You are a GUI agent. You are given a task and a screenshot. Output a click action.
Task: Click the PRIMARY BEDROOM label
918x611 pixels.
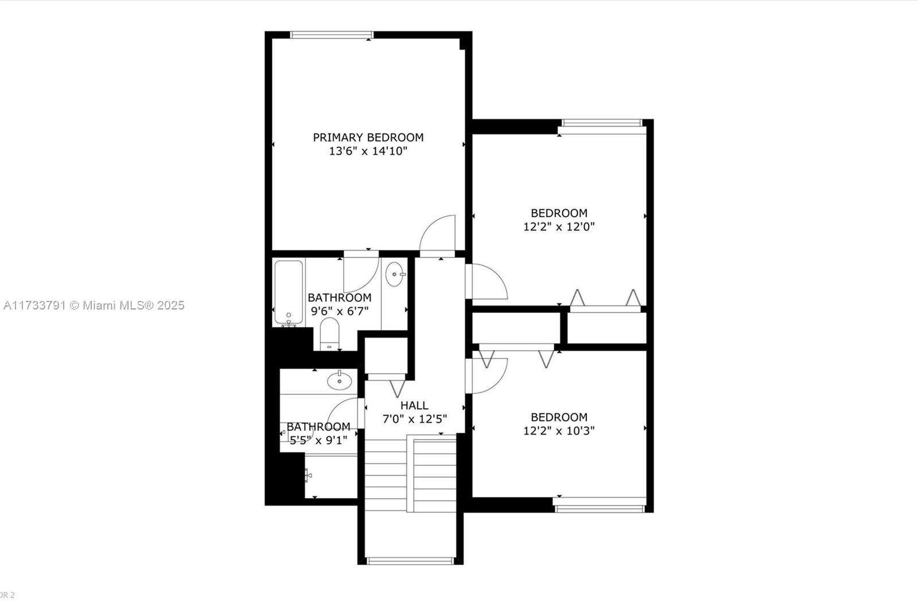tap(368, 138)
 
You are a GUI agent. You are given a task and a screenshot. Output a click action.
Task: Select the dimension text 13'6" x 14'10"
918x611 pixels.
tap(368, 151)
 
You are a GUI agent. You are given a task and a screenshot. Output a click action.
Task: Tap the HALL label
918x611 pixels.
tap(414, 405)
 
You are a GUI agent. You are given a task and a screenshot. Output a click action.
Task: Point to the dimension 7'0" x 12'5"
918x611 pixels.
tap(414, 420)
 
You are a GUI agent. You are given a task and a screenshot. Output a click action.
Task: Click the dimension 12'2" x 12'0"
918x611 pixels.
tap(559, 227)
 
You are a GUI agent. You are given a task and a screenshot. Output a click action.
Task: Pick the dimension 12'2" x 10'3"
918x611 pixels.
tap(559, 431)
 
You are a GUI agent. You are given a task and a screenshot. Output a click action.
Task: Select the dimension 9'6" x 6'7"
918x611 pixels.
tap(340, 311)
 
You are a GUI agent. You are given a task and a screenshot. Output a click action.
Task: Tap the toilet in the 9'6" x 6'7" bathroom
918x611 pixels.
tap(329, 334)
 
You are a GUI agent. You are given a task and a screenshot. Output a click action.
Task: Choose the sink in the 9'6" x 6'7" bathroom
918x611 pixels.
tap(395, 275)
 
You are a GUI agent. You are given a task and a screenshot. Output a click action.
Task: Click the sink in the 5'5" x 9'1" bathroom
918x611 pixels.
tap(339, 381)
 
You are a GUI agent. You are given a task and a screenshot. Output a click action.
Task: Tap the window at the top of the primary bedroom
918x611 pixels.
tap(332, 35)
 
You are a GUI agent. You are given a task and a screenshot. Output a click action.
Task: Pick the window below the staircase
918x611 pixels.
tap(410, 561)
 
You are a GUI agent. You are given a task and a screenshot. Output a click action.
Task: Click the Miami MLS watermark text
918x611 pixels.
tap(94, 305)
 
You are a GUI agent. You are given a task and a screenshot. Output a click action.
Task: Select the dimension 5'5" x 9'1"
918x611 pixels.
tap(318, 441)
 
